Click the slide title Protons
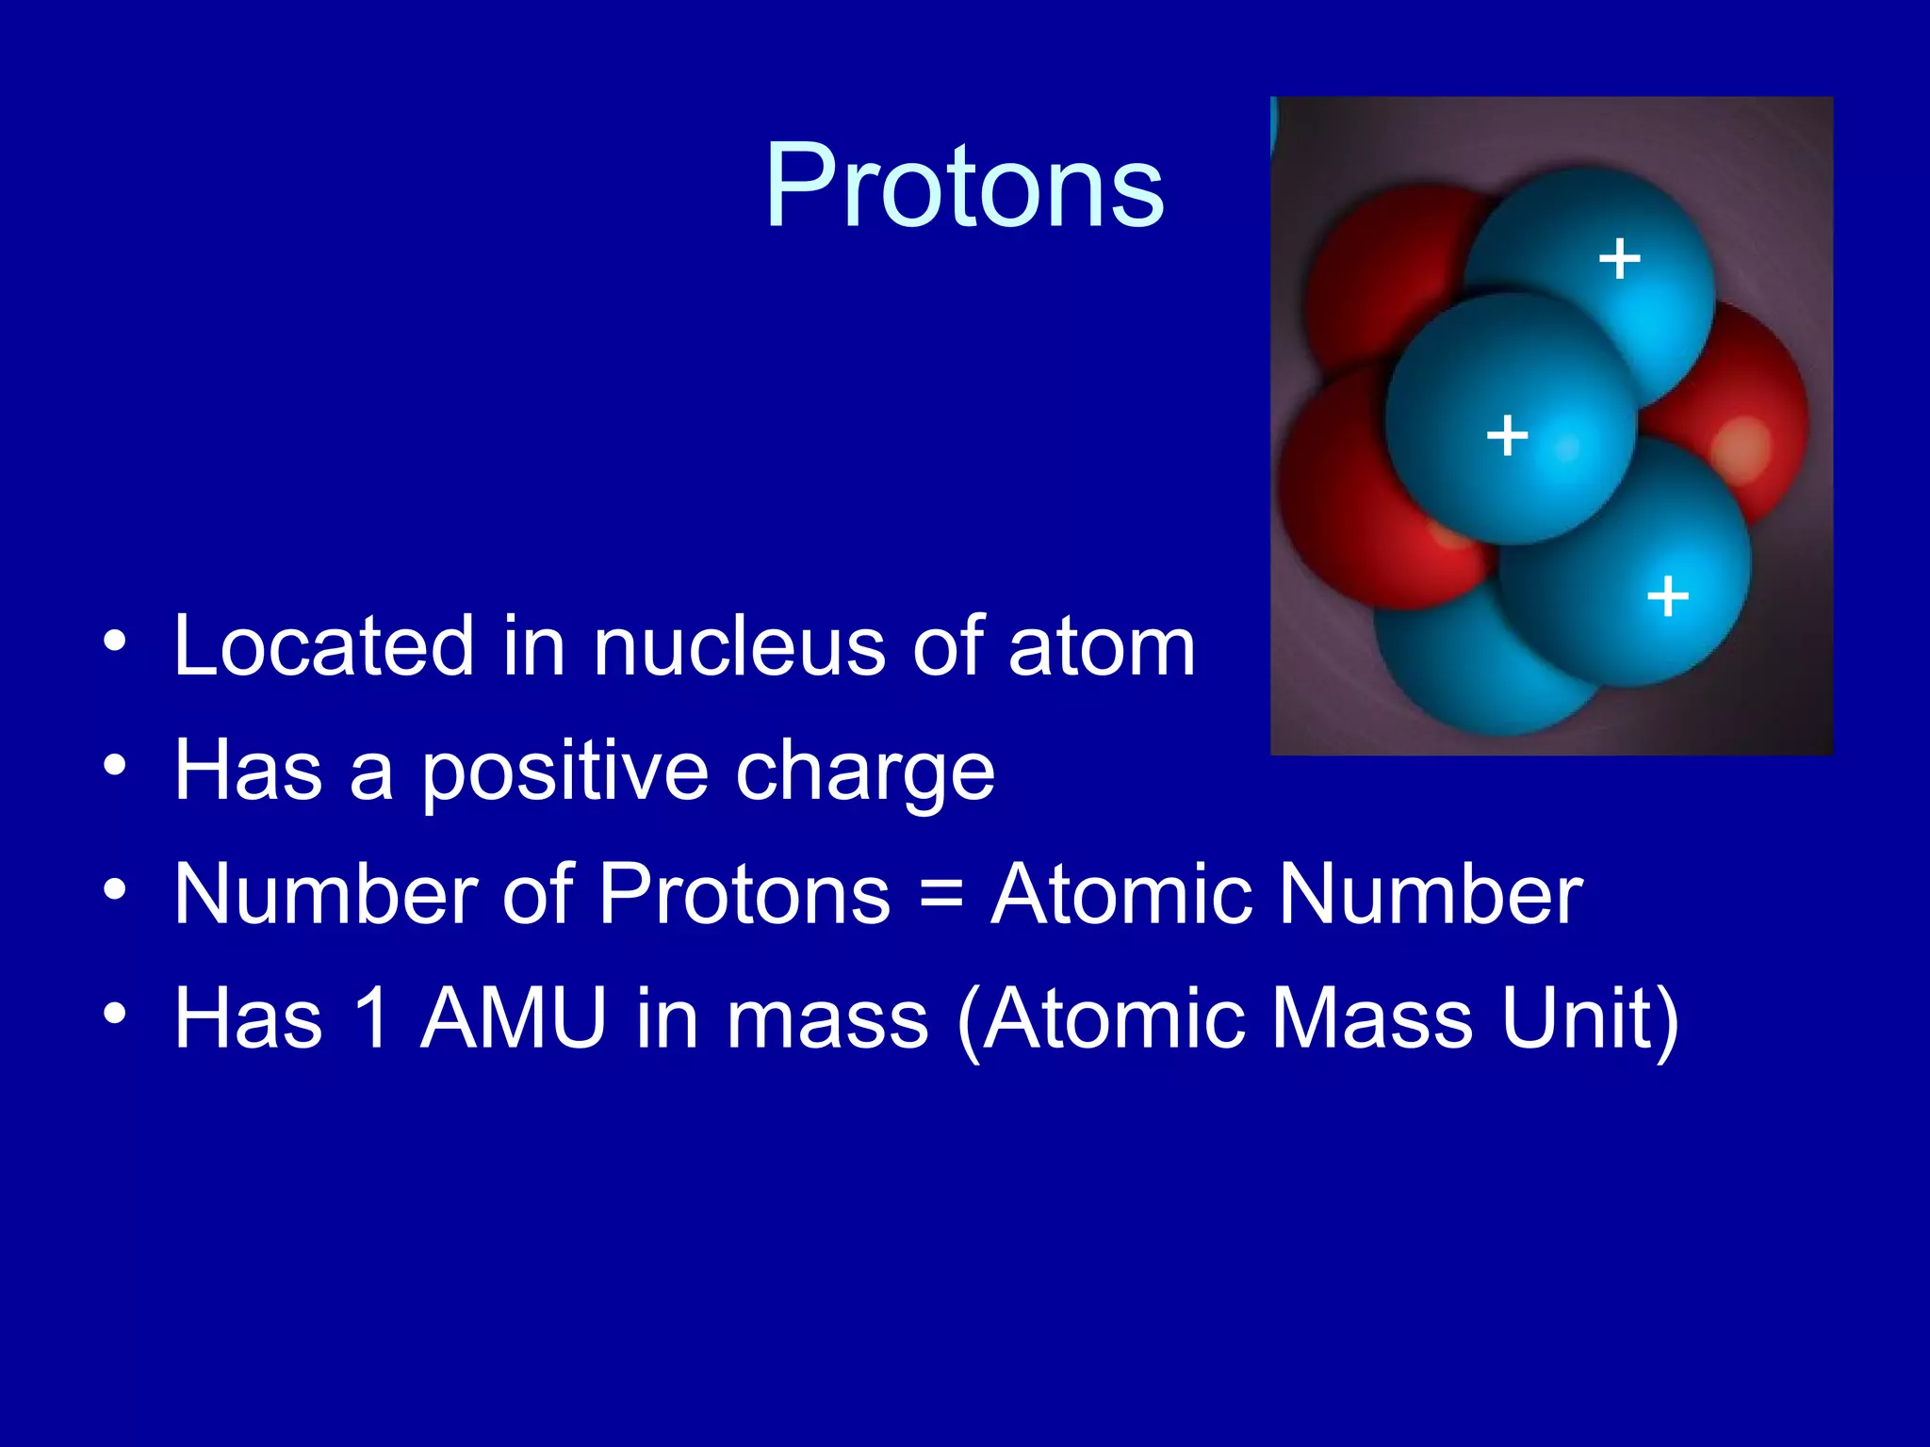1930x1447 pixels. click(x=964, y=186)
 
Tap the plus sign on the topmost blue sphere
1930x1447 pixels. click(x=1619, y=258)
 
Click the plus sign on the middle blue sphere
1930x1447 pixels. click(x=1506, y=435)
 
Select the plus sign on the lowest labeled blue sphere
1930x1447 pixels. click(x=1667, y=596)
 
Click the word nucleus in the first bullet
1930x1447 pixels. click(x=738, y=647)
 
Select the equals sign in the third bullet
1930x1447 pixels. click(x=940, y=895)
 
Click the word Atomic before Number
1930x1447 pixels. click(x=1121, y=894)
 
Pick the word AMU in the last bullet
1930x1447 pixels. click(x=514, y=1018)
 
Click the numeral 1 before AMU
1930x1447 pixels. click(x=373, y=1018)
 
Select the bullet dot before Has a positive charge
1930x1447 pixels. click(x=115, y=765)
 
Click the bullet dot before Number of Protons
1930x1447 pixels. click(x=115, y=889)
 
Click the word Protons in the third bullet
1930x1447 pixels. click(x=744, y=894)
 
